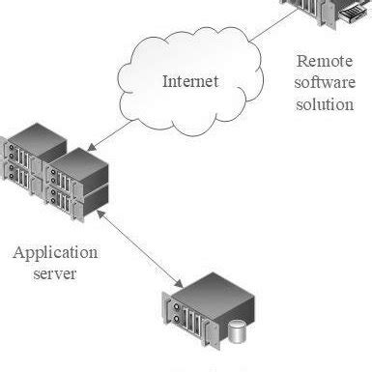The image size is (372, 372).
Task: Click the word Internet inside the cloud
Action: (x=190, y=80)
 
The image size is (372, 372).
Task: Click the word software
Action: (x=326, y=81)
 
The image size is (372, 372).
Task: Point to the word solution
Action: (x=326, y=103)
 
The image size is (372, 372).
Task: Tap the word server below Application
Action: (x=55, y=274)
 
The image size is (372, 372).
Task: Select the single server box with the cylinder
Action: (x=203, y=309)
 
